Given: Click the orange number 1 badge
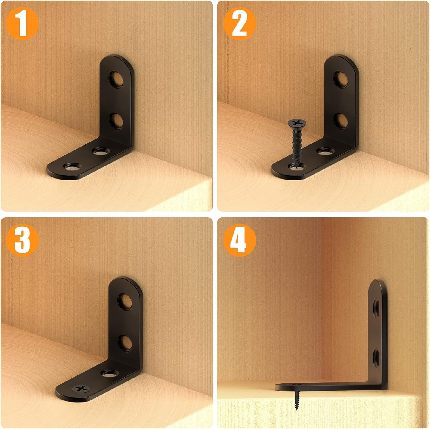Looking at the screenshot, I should (x=22, y=24).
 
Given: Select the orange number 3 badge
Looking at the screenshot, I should (x=22, y=240).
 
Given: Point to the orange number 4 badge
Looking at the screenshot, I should (x=239, y=240).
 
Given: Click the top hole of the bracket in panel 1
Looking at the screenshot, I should (x=117, y=79).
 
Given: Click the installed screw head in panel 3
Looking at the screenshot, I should (x=81, y=388).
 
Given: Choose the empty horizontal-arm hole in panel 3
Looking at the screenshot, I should (x=109, y=373).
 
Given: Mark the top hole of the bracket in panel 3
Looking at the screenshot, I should (x=125, y=301).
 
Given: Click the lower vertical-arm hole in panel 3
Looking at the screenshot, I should (x=125, y=342).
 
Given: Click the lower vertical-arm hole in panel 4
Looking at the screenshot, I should (x=376, y=356).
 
